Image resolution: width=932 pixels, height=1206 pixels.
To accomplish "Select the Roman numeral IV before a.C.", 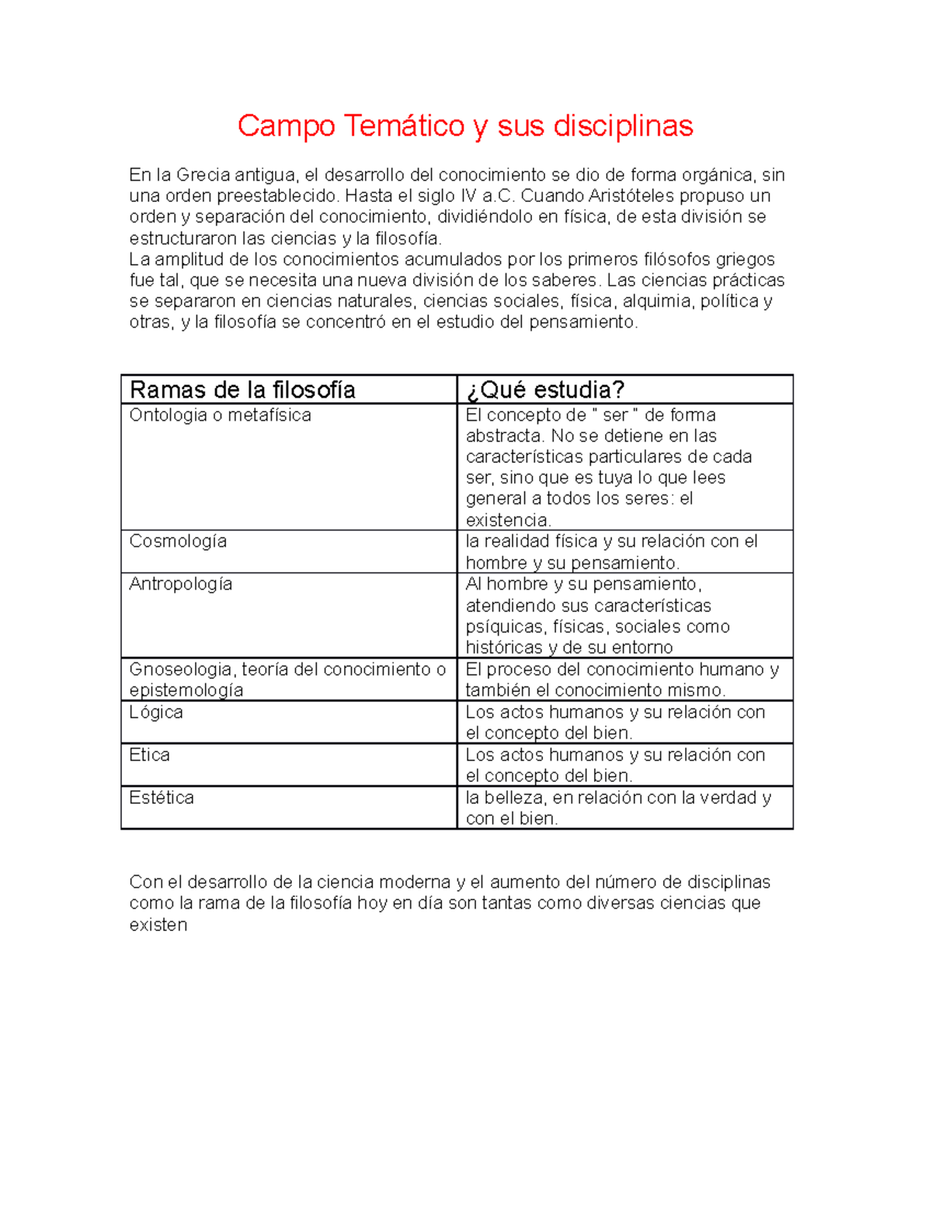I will [469, 196].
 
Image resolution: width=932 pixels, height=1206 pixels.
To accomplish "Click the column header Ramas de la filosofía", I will [242, 390].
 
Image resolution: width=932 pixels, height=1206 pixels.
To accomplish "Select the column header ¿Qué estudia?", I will [545, 390].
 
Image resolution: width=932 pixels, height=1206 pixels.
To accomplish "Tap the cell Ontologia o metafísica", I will [220, 415].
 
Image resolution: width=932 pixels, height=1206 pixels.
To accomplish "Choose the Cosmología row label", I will [178, 541].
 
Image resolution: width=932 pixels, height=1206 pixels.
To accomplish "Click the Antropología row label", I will [180, 584].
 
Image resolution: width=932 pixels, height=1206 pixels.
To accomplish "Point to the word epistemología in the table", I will [186, 690].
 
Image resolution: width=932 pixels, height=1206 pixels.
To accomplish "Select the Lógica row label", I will [156, 712].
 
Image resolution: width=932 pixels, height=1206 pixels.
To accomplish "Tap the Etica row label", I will [149, 755].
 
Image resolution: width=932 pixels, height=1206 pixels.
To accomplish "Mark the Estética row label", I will [162, 798].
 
